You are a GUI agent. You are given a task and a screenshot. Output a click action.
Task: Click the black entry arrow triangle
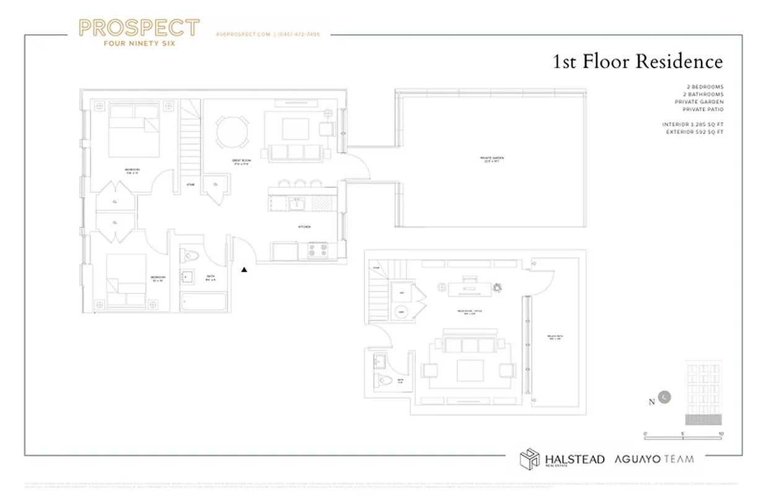point(244,270)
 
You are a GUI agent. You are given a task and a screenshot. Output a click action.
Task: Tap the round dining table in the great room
point(232,131)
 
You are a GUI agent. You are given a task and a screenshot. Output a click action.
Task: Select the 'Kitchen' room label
point(304,228)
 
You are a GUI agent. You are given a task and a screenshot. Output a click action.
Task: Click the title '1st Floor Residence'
point(637,62)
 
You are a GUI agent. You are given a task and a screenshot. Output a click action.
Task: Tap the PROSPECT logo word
point(139,28)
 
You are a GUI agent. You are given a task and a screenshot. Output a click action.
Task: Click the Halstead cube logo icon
point(529,459)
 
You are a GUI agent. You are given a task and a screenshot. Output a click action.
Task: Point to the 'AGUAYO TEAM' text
point(654,459)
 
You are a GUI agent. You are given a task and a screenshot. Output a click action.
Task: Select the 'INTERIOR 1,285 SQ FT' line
point(692,125)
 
